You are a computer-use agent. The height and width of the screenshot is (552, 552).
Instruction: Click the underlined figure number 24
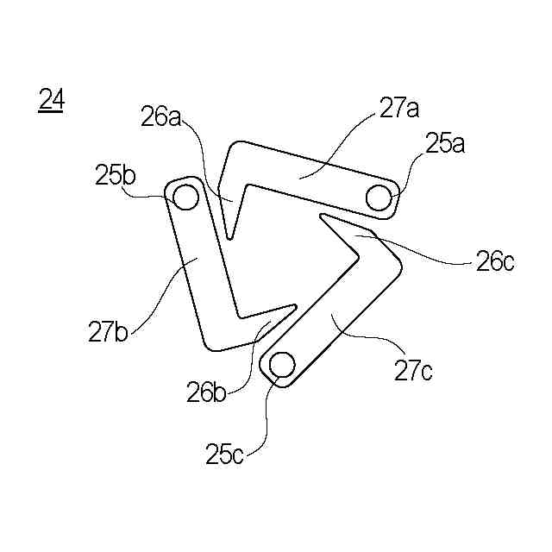[51, 101]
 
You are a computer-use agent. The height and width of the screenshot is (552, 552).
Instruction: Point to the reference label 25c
[225, 452]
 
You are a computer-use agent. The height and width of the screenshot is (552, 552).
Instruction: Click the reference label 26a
[160, 116]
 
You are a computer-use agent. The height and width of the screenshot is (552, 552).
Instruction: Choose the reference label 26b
[208, 392]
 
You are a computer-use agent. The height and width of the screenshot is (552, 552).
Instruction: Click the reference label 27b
[108, 331]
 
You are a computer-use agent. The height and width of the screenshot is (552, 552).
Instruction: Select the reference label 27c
[414, 371]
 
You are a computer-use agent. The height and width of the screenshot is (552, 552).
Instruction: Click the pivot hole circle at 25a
[378, 198]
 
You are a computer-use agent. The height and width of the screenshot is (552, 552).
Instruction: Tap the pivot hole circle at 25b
[185, 198]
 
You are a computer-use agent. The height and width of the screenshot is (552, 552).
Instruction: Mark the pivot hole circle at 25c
[281, 366]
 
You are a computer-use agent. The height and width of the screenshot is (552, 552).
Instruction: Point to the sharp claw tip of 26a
[229, 238]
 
